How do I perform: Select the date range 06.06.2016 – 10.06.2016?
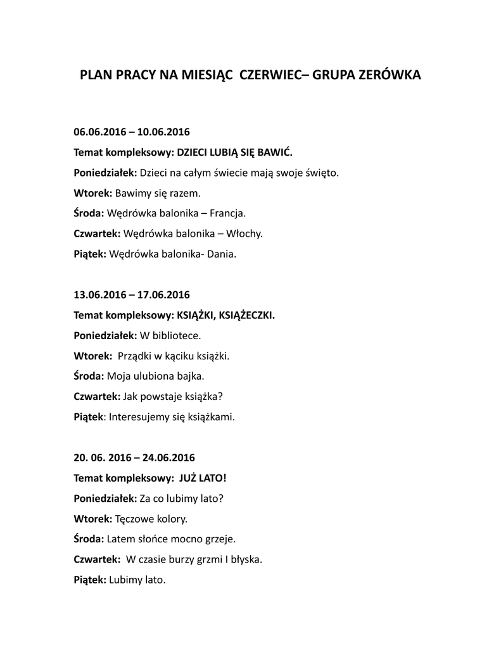132,132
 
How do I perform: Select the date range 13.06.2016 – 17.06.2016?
132,294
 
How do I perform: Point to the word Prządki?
134,356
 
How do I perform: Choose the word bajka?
189,376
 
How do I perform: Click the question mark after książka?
221,396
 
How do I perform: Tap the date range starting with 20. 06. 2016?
134,457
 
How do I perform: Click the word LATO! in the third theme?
212,477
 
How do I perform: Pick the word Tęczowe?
133,518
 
